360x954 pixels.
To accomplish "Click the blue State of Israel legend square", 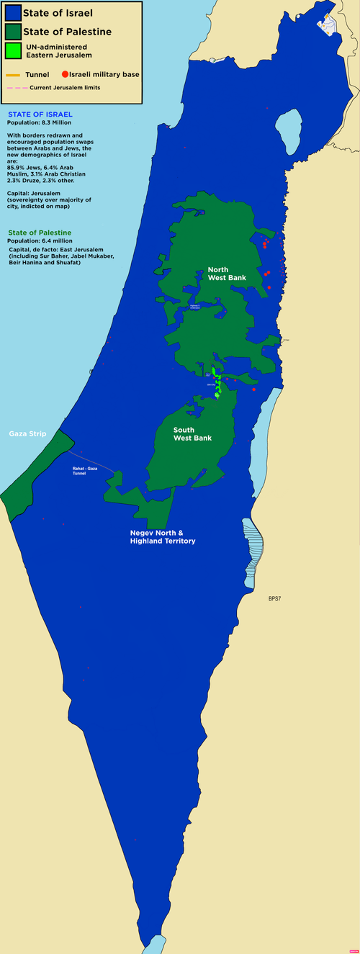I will coord(12,13).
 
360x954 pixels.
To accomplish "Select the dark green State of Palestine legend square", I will coord(12,32).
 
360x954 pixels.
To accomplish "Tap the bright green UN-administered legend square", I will coord(12,50).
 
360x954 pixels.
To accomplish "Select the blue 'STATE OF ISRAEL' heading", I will coord(40,114).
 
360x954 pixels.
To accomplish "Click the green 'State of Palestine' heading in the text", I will coord(40,233).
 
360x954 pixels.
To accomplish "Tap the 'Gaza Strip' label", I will coord(27,434).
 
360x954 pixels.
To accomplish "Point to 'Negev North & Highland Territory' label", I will coord(162,536).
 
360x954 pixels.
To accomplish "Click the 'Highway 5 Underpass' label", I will coord(194,307).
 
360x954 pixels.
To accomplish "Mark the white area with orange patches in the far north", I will coord(328,24).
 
